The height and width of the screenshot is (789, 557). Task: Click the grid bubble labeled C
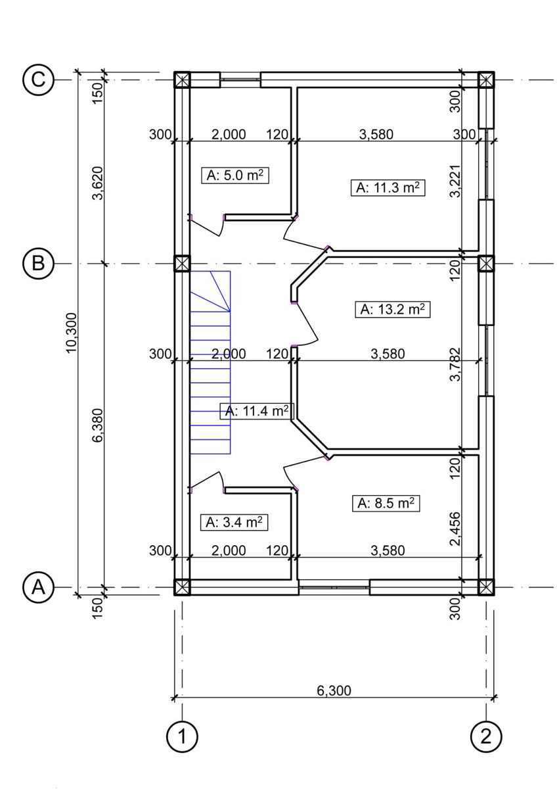[38, 80]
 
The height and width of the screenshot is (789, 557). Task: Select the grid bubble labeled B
[38, 263]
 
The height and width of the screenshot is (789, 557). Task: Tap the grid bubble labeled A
[38, 587]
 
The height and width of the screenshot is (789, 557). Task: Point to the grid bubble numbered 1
[182, 736]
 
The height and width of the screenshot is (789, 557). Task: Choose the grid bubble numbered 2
[486, 736]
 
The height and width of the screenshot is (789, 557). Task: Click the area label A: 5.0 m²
[235, 175]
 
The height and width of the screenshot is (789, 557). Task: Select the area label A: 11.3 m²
[388, 187]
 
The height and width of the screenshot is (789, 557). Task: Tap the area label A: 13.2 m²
[393, 309]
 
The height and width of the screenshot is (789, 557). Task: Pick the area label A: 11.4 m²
[257, 410]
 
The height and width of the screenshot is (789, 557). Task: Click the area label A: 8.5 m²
[386, 503]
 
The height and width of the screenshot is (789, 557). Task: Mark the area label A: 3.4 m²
[234, 522]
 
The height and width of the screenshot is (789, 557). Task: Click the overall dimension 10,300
[72, 333]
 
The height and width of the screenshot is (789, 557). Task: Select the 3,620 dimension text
[98, 183]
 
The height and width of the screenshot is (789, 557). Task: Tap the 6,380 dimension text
[98, 425]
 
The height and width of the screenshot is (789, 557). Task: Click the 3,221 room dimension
[455, 181]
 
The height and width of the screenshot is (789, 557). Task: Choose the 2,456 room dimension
[455, 529]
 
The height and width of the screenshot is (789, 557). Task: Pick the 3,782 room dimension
[455, 364]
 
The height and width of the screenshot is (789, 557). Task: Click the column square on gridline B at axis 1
[182, 263]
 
